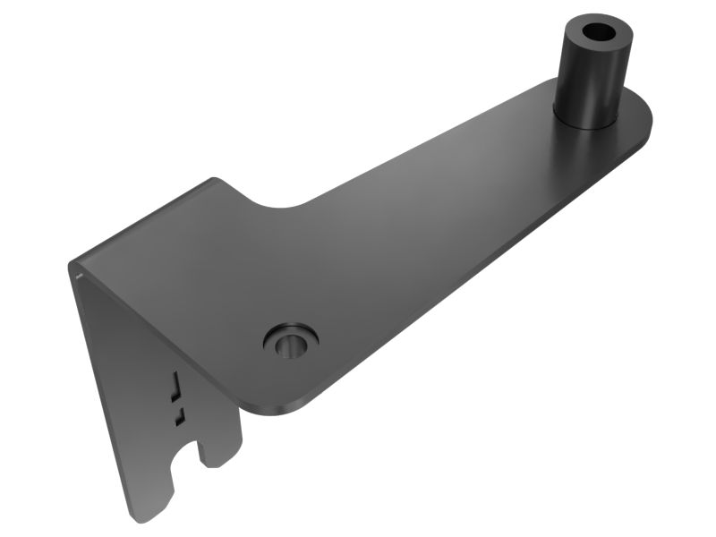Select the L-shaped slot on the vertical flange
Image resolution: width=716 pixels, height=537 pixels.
click(175, 383)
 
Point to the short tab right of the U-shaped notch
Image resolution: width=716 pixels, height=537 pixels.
click(219, 452)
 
